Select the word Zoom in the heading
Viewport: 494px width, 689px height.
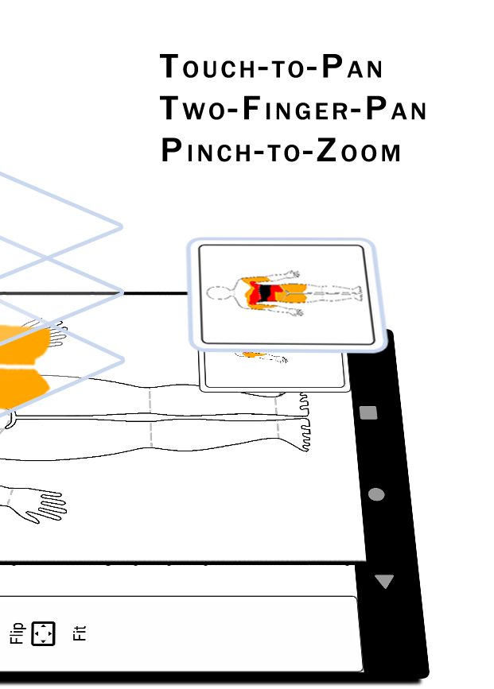(359, 151)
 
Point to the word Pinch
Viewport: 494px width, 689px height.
(206, 151)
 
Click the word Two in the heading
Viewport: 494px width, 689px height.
(193, 109)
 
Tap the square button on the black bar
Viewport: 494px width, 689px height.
(368, 413)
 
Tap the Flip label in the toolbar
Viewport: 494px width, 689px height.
(17, 633)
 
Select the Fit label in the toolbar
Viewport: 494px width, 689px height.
(80, 633)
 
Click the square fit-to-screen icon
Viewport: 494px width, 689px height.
(43, 633)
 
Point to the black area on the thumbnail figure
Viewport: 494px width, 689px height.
(266, 293)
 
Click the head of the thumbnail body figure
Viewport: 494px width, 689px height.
(218, 293)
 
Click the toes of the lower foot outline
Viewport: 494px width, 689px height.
(305, 435)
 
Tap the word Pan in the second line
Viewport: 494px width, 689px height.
(396, 109)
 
